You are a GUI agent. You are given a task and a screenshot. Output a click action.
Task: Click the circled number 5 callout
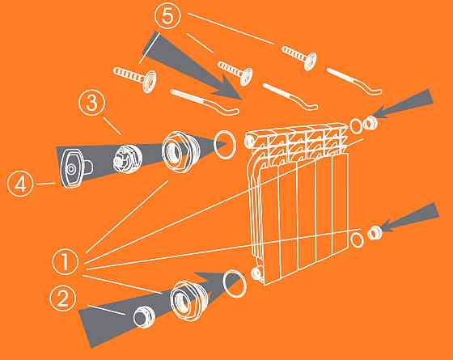168,15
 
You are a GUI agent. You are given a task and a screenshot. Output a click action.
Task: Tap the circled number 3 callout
92,103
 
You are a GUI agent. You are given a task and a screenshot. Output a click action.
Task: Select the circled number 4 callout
20,184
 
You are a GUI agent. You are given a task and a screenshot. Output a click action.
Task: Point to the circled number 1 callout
66,261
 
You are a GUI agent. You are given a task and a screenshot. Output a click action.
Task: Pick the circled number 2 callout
63,298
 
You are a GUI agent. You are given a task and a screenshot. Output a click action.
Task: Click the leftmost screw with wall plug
135,77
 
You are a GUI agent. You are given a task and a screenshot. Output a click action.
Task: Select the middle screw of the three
235,71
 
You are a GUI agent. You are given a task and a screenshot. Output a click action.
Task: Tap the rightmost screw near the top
299,57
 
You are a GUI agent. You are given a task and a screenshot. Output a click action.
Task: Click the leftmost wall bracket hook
205,102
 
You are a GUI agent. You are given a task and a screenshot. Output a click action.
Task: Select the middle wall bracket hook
290,95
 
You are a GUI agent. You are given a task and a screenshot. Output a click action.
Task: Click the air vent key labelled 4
74,168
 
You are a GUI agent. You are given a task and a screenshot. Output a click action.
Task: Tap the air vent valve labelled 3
128,159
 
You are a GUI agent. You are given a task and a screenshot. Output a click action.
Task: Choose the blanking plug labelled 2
144,316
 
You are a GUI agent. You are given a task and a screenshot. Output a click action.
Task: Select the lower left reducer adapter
189,301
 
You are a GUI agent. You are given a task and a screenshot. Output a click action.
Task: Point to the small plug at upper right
370,123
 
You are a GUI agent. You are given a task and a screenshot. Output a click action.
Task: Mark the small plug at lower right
375,233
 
